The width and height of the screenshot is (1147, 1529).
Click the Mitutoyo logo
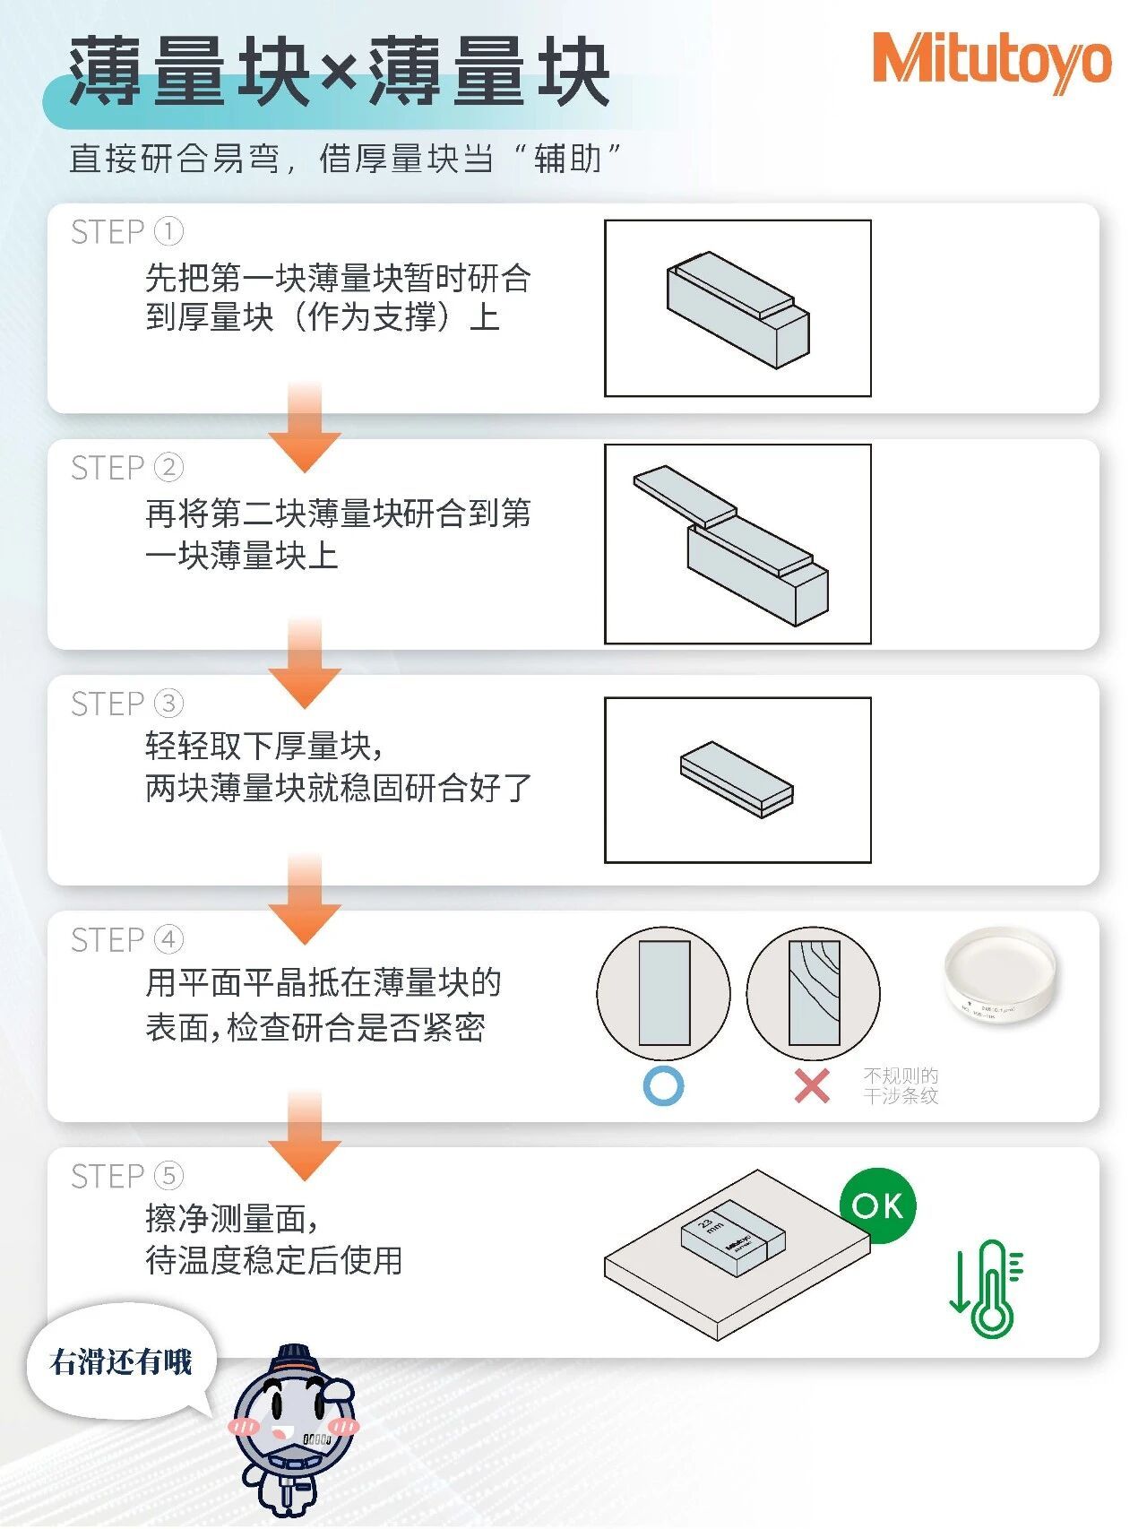click(x=991, y=61)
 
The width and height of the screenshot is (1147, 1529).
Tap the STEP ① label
click(x=126, y=232)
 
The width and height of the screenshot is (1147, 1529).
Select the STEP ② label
click(x=126, y=468)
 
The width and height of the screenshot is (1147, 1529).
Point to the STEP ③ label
click(x=126, y=704)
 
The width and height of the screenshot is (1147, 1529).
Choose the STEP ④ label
click(x=126, y=940)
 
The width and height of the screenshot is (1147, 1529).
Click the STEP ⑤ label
click(x=126, y=1177)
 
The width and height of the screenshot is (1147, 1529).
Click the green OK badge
click(x=877, y=1205)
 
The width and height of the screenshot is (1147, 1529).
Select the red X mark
click(x=812, y=1086)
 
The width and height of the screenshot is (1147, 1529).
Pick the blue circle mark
click(x=664, y=1086)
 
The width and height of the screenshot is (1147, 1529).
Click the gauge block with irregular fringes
click(x=814, y=993)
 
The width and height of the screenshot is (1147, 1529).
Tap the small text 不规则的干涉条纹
click(x=901, y=1086)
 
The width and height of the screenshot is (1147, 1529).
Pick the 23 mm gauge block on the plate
click(x=732, y=1237)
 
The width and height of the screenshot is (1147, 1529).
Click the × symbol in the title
click(x=338, y=72)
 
